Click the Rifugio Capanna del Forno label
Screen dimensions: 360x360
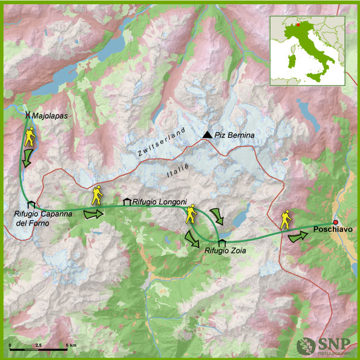pyautogui.click(x=39, y=218)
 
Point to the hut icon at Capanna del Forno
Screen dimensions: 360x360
pyautogui.click(x=31, y=206)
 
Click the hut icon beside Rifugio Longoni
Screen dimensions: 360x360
pyautogui.click(x=127, y=201)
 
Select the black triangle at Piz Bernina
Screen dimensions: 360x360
pyautogui.click(x=208, y=134)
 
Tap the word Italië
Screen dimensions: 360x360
pyautogui.click(x=178, y=174)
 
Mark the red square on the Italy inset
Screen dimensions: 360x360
pyautogui.click(x=298, y=25)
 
